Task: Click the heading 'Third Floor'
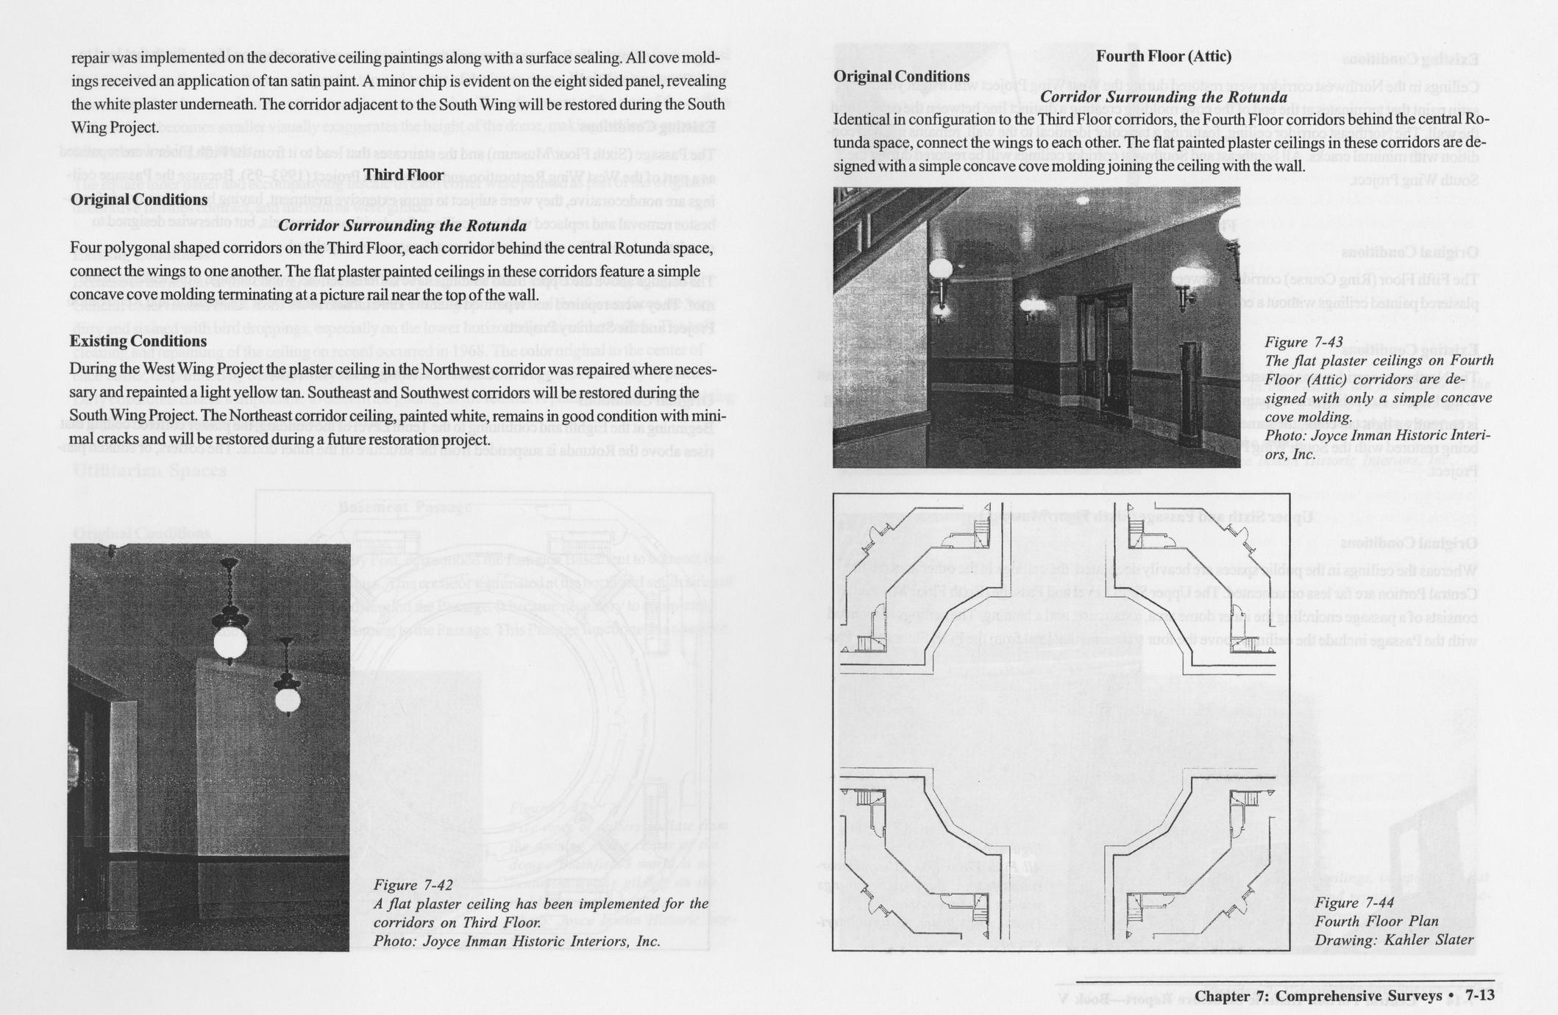[403, 175]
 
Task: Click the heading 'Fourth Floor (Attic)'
[1163, 57]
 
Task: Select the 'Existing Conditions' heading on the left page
[138, 341]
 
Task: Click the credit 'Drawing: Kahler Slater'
[1393, 940]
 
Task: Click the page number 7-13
[1480, 995]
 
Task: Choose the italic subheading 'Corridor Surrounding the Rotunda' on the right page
[1164, 98]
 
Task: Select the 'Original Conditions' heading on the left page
[138, 199]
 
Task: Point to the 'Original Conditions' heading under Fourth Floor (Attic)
[901, 76]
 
